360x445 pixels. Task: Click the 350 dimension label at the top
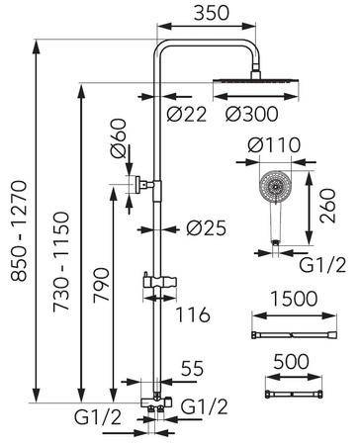211,13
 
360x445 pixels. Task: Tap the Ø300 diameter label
252,115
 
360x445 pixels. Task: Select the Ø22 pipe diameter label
187,115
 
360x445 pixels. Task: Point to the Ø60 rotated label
119,138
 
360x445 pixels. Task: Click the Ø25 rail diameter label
207,228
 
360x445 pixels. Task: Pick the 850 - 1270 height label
19,230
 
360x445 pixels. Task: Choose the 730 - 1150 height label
61,262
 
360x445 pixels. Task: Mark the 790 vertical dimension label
101,285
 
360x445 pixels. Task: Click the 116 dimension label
193,314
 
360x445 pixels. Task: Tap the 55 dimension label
193,368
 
